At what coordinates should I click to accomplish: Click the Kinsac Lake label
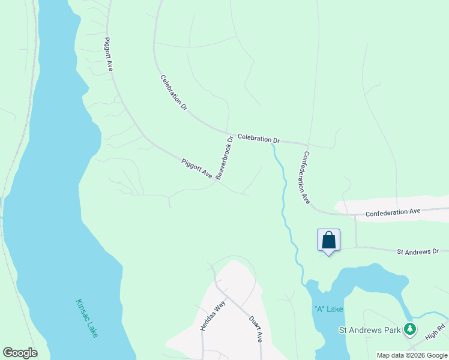87,318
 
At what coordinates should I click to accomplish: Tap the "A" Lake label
328,309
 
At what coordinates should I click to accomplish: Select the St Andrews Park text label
369,330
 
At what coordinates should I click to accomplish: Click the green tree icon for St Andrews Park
410,329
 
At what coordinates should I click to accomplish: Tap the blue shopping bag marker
328,241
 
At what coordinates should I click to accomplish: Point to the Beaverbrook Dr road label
224,158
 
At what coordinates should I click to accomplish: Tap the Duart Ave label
256,328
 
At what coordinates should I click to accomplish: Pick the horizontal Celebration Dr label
259,139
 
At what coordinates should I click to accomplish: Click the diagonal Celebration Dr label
174,92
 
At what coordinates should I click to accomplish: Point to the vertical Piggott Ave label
109,54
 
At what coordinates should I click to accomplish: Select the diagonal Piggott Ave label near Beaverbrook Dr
197,168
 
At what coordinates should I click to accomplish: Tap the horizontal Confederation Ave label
393,212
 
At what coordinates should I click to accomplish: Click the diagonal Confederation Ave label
306,177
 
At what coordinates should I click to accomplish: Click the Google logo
20,353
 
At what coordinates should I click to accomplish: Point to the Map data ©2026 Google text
412,355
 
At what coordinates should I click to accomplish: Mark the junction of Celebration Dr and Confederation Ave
307,145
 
